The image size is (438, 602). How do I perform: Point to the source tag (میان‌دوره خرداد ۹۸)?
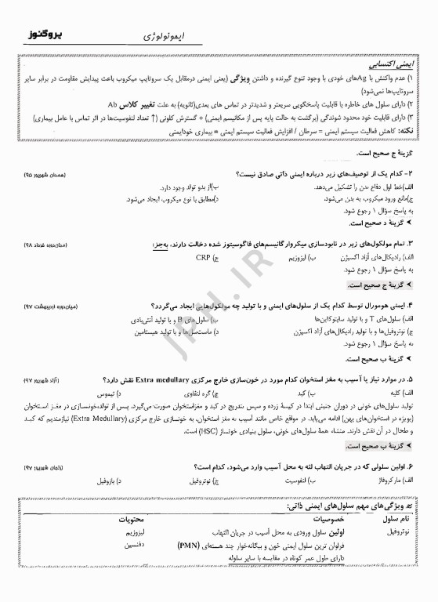click(45, 245)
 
